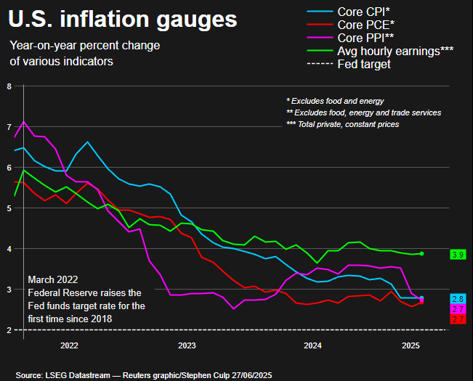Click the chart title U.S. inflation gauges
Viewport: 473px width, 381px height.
[x=123, y=17]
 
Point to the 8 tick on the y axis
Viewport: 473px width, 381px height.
[x=9, y=86]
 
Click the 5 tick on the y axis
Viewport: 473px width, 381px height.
[x=9, y=208]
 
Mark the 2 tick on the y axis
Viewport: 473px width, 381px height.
[x=9, y=330]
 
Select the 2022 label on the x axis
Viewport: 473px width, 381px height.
[x=69, y=345]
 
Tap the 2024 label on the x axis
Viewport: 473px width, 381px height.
[x=313, y=345]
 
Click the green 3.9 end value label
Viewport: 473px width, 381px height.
[x=458, y=255]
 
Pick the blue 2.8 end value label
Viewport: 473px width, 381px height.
[x=458, y=299]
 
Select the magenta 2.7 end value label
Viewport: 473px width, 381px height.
[x=458, y=309]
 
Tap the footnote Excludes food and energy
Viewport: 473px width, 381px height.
[x=335, y=101]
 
